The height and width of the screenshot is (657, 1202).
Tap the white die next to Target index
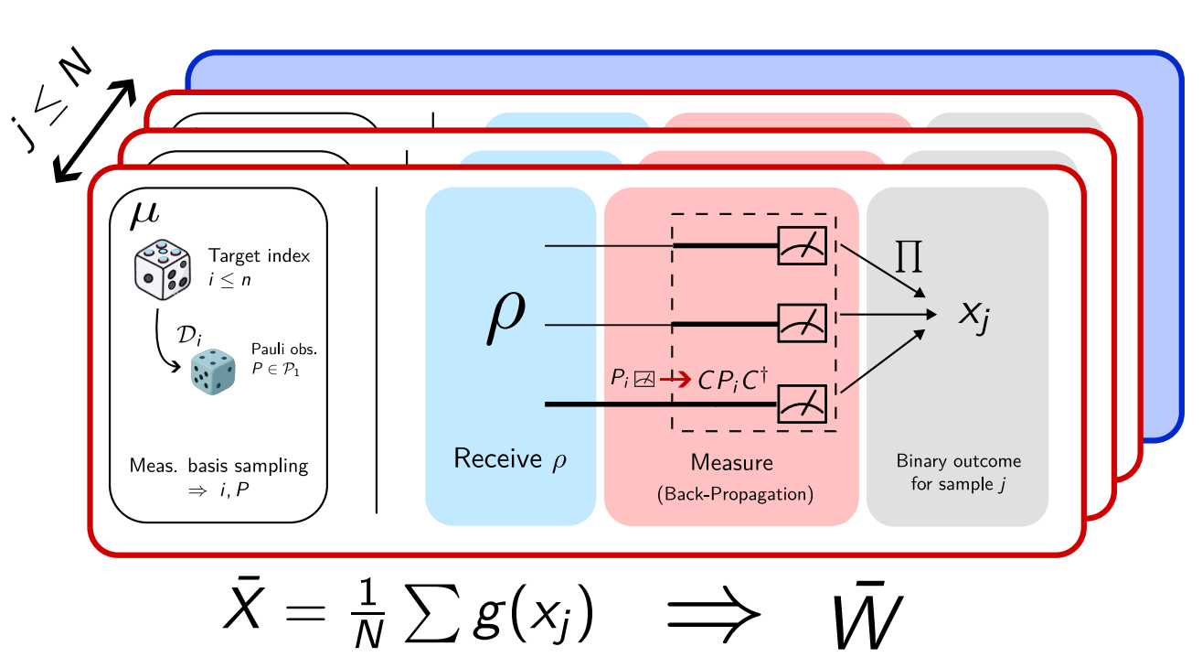(x=164, y=271)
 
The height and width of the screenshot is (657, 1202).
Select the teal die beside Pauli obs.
(x=213, y=372)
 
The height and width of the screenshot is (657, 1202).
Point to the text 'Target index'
(x=259, y=256)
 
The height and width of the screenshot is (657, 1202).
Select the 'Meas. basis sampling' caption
(x=218, y=466)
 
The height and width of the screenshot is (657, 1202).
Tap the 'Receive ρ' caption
(x=510, y=458)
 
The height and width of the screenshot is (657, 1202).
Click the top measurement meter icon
(x=802, y=246)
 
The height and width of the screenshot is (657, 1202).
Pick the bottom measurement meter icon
(x=802, y=403)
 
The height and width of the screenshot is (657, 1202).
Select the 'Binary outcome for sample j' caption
(x=958, y=472)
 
